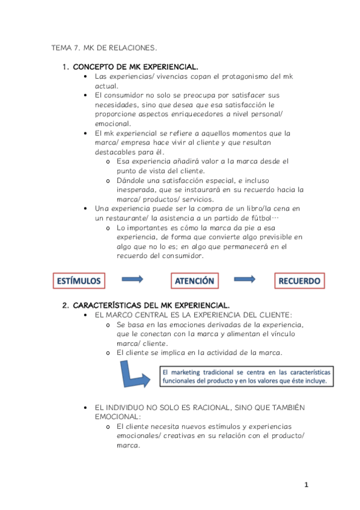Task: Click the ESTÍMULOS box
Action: pyautogui.click(x=79, y=280)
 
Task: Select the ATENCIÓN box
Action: pyautogui.click(x=194, y=280)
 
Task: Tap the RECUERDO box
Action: pyautogui.click(x=299, y=280)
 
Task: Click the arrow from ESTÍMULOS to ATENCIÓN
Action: pyautogui.click(x=132, y=279)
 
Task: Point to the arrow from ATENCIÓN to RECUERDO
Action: pyautogui.click(x=247, y=279)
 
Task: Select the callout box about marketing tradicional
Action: pyautogui.click(x=245, y=376)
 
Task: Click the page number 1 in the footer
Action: pyautogui.click(x=306, y=485)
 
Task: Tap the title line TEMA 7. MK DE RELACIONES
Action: pyautogui.click(x=105, y=48)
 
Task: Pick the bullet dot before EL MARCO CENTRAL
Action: pyautogui.click(x=88, y=315)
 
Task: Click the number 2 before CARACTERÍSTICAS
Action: pyautogui.click(x=66, y=305)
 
